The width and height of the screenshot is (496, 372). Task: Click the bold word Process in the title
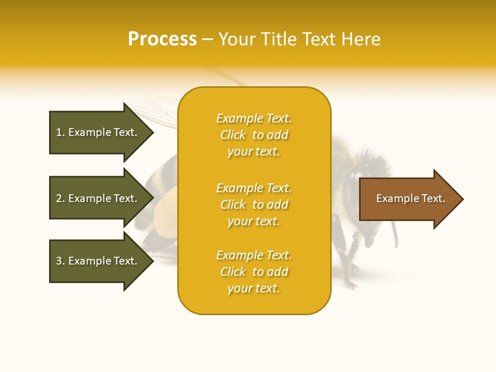pos(162,39)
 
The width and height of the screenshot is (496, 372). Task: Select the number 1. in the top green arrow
pos(60,132)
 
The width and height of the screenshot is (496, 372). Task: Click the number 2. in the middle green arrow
pos(60,198)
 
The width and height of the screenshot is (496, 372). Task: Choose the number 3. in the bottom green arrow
pos(60,261)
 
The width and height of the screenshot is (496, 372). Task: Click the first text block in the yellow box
pos(254,135)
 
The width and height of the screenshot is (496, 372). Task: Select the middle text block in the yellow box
pos(254,205)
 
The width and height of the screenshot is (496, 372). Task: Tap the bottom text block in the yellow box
pos(254,272)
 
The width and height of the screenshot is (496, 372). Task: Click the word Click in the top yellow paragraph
pos(233,135)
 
